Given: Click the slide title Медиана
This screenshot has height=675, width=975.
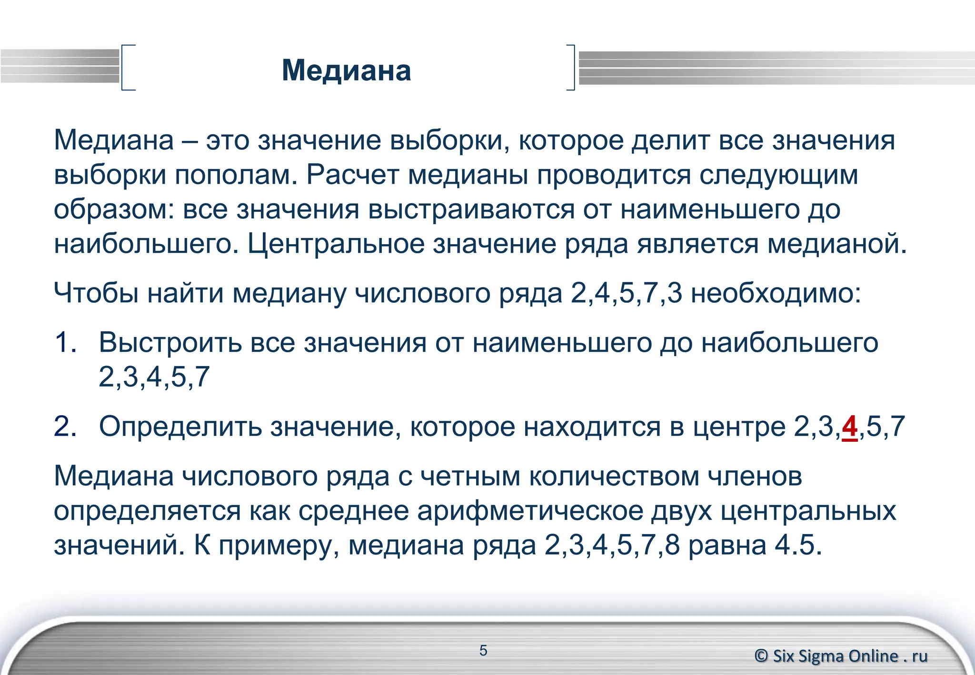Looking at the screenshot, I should tap(346, 70).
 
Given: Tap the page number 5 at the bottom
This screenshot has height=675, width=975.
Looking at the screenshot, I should tap(483, 650).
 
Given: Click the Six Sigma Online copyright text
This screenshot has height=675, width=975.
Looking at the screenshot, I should tap(841, 656).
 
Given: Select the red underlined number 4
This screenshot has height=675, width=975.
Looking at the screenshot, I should tap(850, 426).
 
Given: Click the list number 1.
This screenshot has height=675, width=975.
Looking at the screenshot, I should tap(65, 342).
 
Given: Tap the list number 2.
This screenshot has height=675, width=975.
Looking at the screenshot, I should tap(65, 426).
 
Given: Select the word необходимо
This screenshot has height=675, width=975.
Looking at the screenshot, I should tap(776, 293).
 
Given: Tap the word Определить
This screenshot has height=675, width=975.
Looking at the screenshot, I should tap(180, 426).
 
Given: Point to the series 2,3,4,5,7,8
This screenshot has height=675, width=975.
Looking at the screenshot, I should tap(612, 545).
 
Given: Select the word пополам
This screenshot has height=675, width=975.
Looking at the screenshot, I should tap(236, 175).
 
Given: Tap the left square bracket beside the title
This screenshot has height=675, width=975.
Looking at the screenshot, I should tap(127, 67).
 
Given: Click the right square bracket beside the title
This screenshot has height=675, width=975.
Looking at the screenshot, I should tap(571, 67).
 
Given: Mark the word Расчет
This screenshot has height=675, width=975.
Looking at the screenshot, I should tap(352, 175).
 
